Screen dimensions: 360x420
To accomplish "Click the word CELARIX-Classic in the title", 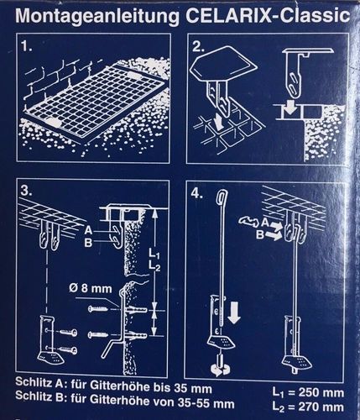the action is [x=268, y=16].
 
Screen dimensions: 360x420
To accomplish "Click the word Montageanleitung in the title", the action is [x=97, y=17].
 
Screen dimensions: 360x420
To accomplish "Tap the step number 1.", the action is [x=27, y=47].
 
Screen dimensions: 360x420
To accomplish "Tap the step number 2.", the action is [x=198, y=47].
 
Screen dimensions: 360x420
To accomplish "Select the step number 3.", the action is [x=26, y=191].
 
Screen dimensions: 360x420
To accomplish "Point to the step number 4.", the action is [x=197, y=193].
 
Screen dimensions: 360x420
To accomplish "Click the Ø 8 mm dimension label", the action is [x=91, y=288].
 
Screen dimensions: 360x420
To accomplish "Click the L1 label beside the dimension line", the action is [x=154, y=254].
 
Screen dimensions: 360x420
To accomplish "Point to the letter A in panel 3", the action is [x=88, y=230].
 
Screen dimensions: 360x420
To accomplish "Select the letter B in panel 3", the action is [x=88, y=243].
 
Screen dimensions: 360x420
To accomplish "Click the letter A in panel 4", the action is [x=265, y=223].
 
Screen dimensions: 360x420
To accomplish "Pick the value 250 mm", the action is [x=321, y=393].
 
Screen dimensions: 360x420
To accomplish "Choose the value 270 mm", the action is [x=321, y=407].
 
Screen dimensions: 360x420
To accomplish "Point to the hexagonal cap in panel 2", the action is [x=223, y=65].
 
